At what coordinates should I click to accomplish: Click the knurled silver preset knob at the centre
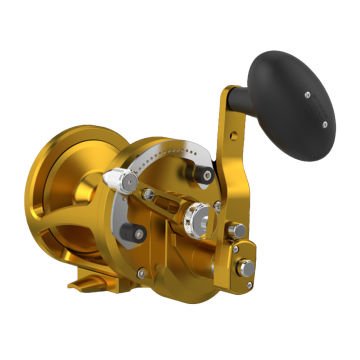coord(203,213)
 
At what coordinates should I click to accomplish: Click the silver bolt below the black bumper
coord(141,271)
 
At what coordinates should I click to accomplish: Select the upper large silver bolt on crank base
coord(239,230)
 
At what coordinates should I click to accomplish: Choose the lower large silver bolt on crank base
coord(243,267)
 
